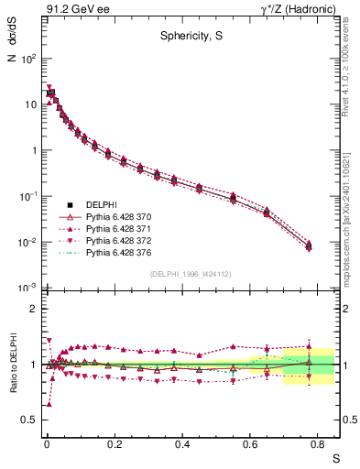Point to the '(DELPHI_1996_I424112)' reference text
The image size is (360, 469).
[191, 272]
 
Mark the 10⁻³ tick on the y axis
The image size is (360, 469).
[28, 289]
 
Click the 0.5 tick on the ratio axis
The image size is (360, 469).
[30, 420]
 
